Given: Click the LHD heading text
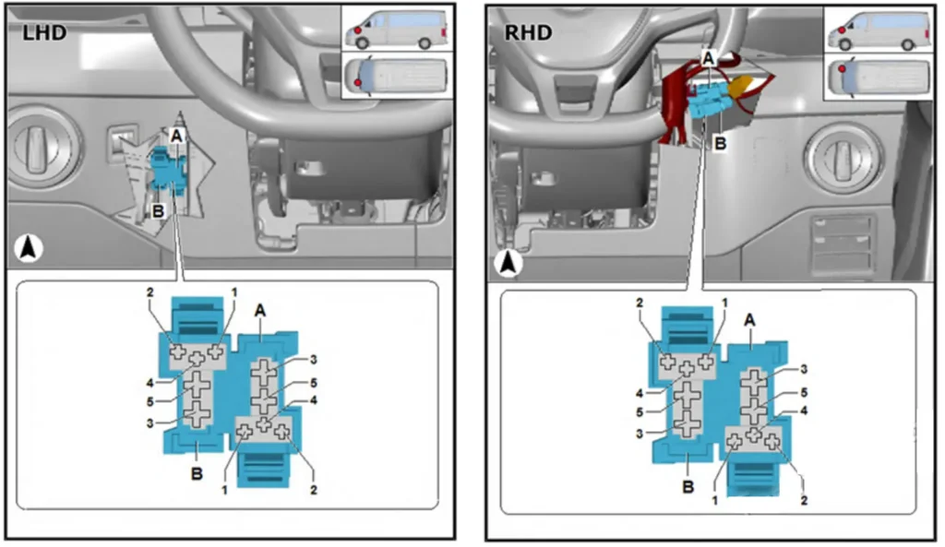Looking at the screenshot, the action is (44, 32).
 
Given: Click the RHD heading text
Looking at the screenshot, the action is (528, 32).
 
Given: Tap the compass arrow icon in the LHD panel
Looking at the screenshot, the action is (29, 248).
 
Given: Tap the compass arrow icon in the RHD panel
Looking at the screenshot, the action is (508, 263).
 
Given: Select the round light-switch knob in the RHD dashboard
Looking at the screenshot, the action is (840, 153).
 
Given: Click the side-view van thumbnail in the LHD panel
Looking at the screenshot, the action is (397, 29).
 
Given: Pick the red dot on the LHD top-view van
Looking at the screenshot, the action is (357, 82).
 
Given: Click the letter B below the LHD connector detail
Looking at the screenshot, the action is (197, 474).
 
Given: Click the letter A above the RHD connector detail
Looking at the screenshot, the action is (749, 320).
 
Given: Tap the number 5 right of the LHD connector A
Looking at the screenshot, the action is (314, 383).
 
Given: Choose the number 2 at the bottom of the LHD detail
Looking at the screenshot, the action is (314, 490).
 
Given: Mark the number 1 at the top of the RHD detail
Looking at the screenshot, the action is (724, 303).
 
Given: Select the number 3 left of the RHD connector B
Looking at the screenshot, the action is (640, 434).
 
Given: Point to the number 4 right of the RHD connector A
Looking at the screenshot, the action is (804, 410).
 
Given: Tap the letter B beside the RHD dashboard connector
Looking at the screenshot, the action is (720, 144).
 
